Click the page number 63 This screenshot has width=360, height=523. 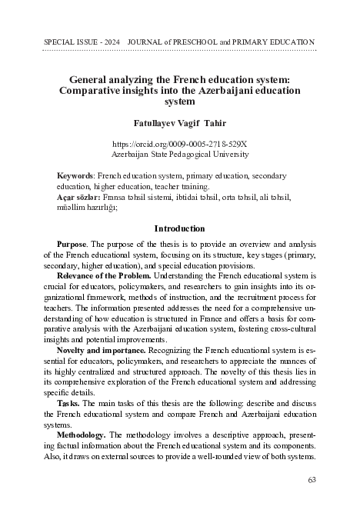tap(311, 481)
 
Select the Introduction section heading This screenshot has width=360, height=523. tap(180, 228)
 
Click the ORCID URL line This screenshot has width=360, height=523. tap(180, 144)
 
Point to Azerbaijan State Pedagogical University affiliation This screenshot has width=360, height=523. tap(180, 154)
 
